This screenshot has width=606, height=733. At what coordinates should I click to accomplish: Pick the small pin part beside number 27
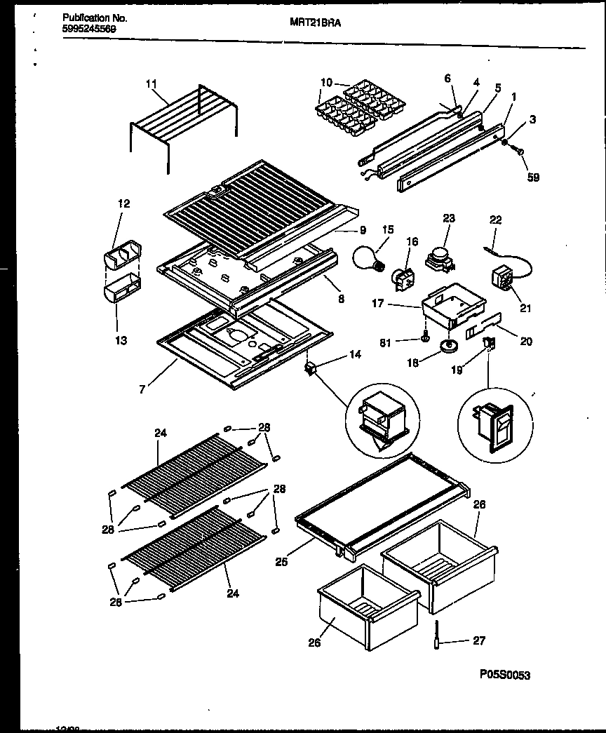click(x=436, y=636)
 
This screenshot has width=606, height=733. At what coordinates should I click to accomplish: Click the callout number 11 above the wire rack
click(x=151, y=84)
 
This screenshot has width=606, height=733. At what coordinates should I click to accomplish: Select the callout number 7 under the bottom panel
click(x=142, y=389)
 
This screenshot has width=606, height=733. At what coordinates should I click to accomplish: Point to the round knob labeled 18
click(x=446, y=345)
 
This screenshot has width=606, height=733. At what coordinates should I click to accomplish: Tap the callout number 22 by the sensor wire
click(x=496, y=220)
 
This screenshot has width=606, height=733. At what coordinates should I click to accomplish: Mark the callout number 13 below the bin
click(x=121, y=340)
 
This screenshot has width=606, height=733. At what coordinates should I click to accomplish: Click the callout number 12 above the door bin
click(x=123, y=204)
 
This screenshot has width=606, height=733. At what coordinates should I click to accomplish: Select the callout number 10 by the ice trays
click(x=325, y=83)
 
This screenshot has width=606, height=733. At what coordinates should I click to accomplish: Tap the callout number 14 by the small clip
click(x=354, y=355)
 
